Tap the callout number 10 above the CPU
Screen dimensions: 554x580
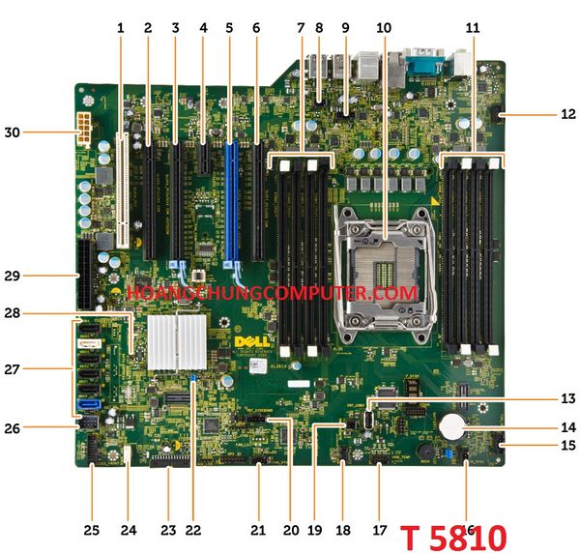pyautogui.click(x=384, y=28)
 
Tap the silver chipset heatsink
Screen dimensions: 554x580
pyautogui.click(x=177, y=340)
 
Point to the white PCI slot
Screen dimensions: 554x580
pyautogui.click(x=123, y=190)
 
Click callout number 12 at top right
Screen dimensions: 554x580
pyautogui.click(x=567, y=114)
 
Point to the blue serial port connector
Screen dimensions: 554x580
pyautogui.click(x=423, y=65)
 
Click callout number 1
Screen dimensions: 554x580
pyautogui.click(x=121, y=28)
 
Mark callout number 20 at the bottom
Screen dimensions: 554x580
pyautogui.click(x=290, y=531)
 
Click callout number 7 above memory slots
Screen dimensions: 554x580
pyautogui.click(x=301, y=28)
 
